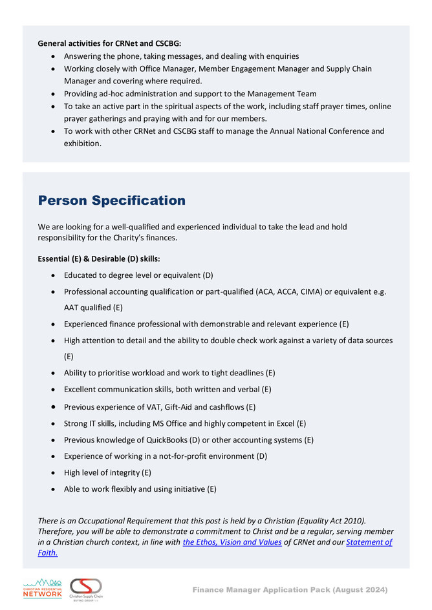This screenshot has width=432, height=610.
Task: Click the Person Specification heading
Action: (111, 201)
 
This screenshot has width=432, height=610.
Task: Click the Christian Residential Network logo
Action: (41, 589)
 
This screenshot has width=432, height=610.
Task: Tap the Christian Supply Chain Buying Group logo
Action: (86, 589)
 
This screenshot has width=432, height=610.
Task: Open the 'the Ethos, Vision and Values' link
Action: (232, 542)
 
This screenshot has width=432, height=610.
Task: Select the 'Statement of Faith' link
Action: (369, 542)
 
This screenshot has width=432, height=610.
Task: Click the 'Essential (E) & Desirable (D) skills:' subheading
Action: (98, 259)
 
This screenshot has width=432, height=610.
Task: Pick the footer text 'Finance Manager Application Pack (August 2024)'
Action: (290, 590)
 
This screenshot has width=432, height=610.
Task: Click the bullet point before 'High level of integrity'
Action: (52, 473)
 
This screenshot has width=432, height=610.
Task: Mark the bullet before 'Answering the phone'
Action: (52, 57)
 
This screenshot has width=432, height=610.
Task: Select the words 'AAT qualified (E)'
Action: (93, 308)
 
